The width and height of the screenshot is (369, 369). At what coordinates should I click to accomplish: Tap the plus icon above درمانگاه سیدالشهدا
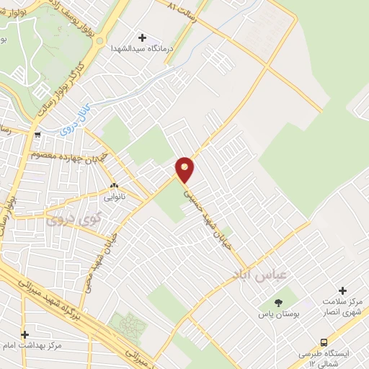tap(141, 37)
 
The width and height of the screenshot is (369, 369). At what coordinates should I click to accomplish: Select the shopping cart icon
tap(37, 135)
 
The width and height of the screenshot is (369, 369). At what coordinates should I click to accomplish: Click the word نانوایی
tap(114, 195)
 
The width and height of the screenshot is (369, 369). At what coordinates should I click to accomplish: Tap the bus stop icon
tap(324, 342)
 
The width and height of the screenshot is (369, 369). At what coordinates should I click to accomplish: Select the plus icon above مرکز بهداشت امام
tap(24, 334)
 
